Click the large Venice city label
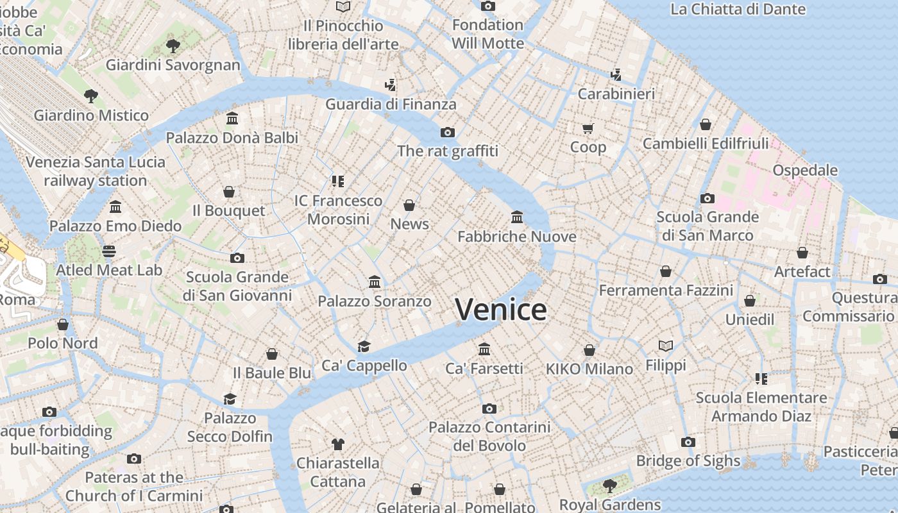click(501, 310)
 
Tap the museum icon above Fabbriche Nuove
click(517, 217)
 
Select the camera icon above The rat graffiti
click(448, 132)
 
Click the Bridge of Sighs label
click(688, 460)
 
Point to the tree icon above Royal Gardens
click(610, 485)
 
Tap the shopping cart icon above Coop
click(588, 128)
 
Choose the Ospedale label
click(805, 170)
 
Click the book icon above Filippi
click(666, 346)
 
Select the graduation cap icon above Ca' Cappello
click(364, 346)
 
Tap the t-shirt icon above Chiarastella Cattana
click(338, 444)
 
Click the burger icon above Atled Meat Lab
click(109, 251)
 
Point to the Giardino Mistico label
click(91, 115)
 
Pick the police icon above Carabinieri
click(616, 74)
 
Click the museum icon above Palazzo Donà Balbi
click(232, 119)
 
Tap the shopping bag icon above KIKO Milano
click(589, 350)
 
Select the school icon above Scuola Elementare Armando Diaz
click(761, 379)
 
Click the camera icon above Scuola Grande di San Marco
click(707, 198)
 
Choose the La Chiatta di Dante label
click(738, 9)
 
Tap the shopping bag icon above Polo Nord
click(63, 324)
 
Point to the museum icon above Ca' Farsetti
click(484, 349)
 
